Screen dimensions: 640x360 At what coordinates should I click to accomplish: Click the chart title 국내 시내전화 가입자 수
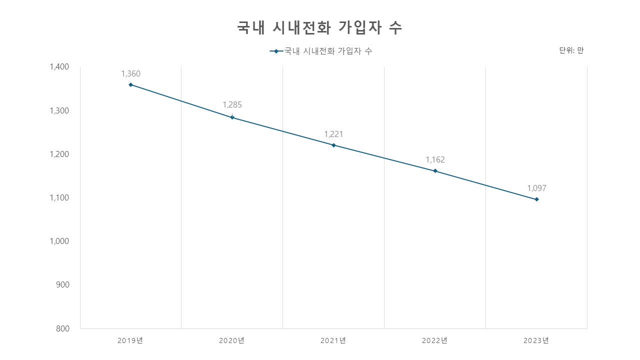(x=319, y=28)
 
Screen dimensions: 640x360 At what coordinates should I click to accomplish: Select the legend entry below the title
(x=321, y=51)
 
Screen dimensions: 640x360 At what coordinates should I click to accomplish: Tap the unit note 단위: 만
(x=571, y=50)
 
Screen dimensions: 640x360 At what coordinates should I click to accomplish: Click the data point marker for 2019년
(x=131, y=85)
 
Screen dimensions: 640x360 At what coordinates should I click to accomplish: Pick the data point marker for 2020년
(x=232, y=117)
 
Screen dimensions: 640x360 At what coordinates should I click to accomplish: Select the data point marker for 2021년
(x=333, y=145)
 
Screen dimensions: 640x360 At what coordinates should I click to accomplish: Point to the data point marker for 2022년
(x=435, y=171)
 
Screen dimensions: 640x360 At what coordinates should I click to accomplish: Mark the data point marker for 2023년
(x=537, y=199)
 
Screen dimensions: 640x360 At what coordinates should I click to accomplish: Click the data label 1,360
(x=131, y=74)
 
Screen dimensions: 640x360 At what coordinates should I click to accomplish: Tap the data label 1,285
(x=232, y=105)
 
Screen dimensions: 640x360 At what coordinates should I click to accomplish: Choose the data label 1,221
(x=333, y=134)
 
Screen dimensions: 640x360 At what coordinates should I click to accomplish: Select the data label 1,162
(x=435, y=160)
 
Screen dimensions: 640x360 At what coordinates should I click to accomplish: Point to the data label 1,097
(x=537, y=188)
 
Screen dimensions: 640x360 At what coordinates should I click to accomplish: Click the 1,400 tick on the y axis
(x=59, y=67)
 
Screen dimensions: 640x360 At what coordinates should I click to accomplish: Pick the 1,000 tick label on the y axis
(x=59, y=241)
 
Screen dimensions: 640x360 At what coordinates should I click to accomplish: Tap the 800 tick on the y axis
(x=63, y=329)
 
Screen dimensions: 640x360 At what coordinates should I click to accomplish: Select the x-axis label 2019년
(x=130, y=340)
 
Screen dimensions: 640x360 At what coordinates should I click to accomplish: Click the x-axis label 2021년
(x=333, y=340)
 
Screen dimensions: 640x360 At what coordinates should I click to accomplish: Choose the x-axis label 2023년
(x=536, y=340)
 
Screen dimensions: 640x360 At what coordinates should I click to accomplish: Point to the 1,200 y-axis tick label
(x=59, y=154)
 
